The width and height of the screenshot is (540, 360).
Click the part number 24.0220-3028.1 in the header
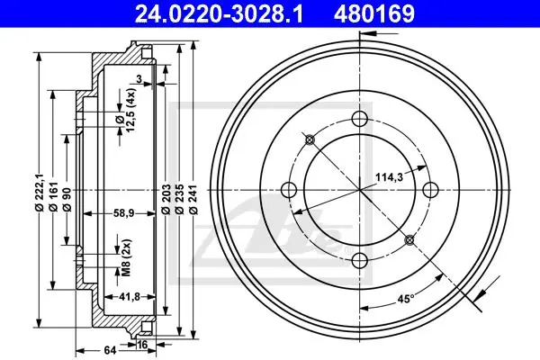tap(220, 13)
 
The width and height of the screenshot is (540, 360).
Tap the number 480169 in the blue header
tap(374, 13)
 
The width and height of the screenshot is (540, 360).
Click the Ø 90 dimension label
tap(67, 199)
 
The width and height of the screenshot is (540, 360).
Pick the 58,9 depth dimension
tap(124, 213)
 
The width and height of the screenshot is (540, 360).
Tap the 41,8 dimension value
tap(129, 296)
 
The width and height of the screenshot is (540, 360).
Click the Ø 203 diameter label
tap(166, 199)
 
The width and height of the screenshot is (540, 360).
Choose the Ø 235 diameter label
tap(179, 199)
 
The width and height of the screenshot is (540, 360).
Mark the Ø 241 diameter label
tap(193, 199)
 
